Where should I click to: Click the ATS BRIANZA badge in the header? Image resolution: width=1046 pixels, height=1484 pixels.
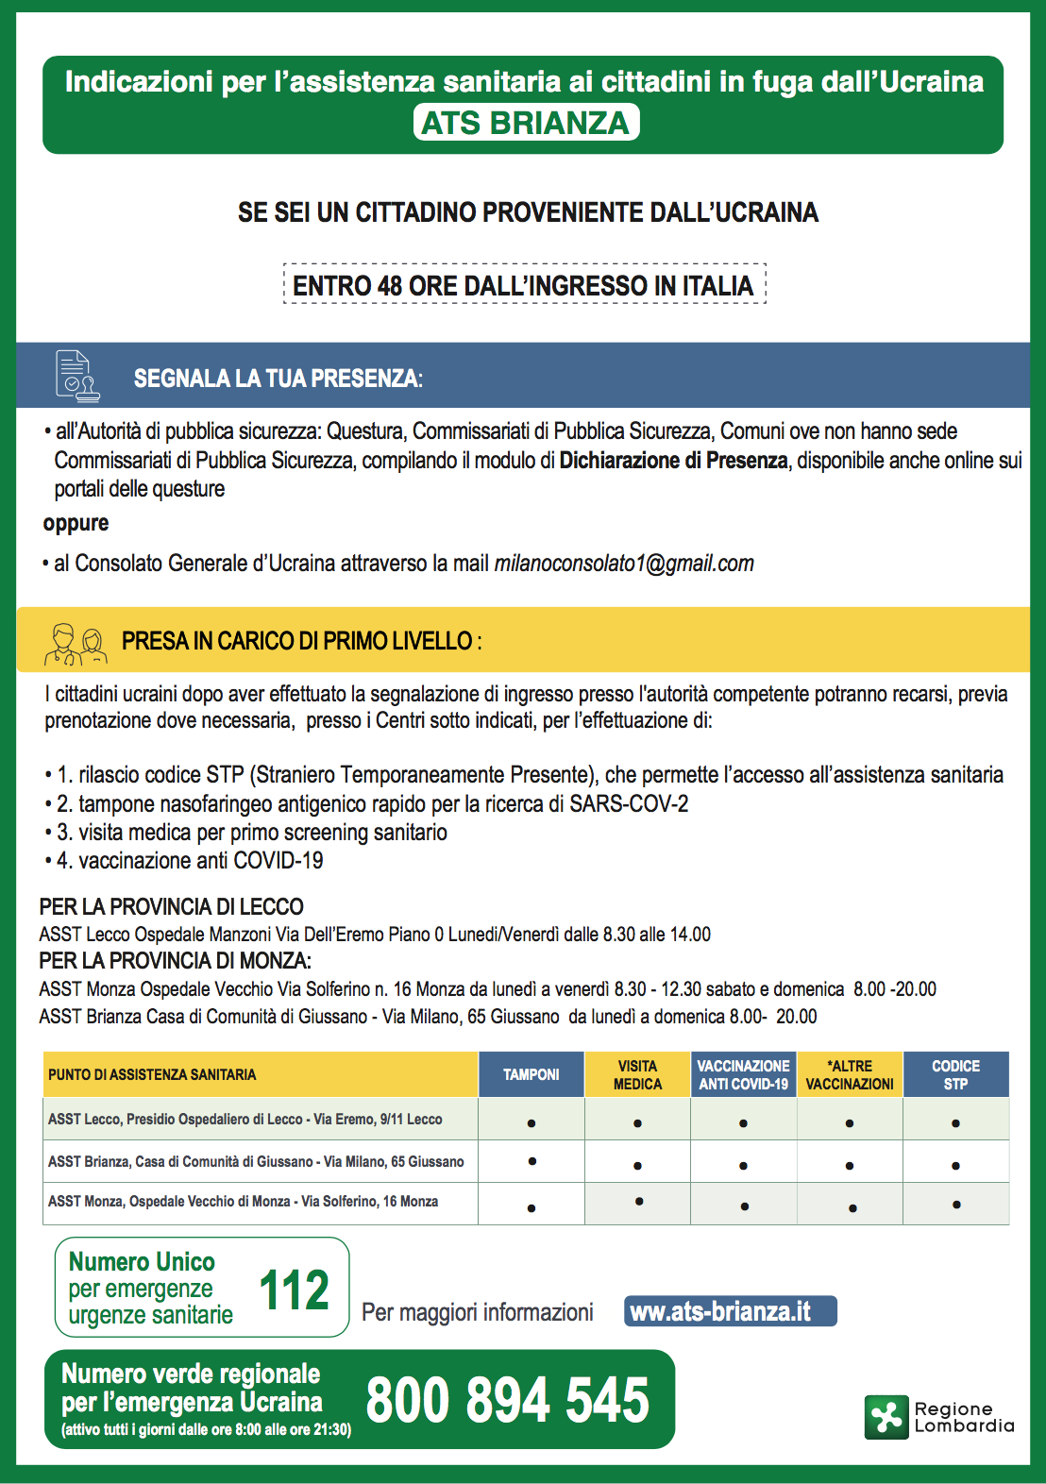point(526,123)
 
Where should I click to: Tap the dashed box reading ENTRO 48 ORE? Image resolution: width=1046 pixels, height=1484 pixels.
point(524,284)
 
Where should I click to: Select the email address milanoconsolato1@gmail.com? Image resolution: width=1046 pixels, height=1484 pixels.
point(624,564)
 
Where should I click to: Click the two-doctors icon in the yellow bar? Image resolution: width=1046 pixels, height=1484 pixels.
point(75,643)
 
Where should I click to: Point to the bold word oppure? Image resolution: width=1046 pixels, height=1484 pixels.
point(76,523)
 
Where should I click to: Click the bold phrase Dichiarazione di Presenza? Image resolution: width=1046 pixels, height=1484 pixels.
point(673,461)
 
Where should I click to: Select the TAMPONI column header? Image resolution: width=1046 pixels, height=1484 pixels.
point(531,1074)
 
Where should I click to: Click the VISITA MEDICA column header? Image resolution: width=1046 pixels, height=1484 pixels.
point(637,1074)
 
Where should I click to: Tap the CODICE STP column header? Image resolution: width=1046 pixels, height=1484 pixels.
point(955,1074)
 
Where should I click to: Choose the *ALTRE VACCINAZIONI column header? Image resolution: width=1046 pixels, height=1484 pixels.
point(850,1074)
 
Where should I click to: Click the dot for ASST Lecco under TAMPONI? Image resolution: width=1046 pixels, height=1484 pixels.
point(531,1123)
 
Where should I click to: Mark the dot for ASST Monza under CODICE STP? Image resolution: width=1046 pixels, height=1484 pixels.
point(956,1205)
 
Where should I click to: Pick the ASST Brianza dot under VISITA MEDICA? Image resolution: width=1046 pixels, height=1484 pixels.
point(638,1166)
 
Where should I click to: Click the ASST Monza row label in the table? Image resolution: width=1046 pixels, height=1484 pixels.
point(243,1202)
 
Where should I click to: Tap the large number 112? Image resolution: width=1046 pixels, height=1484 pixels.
point(294,1290)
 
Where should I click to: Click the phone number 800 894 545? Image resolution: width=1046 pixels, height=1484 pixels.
point(508,1400)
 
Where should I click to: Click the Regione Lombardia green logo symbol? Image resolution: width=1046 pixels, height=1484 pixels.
point(886,1417)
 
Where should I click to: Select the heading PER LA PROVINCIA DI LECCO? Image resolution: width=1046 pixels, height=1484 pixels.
point(171,907)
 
